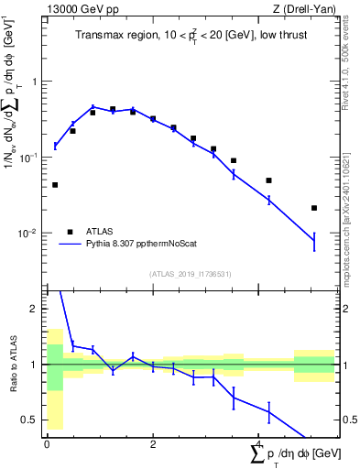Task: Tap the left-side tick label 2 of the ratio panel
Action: pyautogui.click(x=37, y=309)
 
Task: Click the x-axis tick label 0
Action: pyautogui.click(x=47, y=444)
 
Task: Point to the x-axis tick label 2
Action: pyautogui.click(x=153, y=444)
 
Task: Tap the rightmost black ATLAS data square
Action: pyautogui.click(x=314, y=208)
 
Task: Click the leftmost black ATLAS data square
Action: pyautogui.click(x=55, y=185)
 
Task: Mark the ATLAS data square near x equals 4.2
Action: pyautogui.click(x=269, y=180)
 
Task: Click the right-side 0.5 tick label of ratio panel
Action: pyautogui.click(x=348, y=420)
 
